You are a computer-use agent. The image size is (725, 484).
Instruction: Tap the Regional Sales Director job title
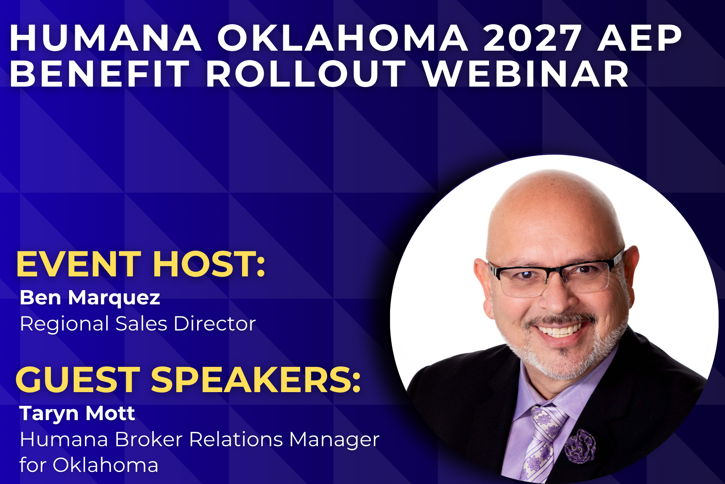point(138,324)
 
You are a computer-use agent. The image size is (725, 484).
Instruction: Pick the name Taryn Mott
point(77,414)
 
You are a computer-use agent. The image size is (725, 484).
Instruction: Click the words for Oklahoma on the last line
point(89,465)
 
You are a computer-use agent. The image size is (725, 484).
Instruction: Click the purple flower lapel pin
point(581,446)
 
